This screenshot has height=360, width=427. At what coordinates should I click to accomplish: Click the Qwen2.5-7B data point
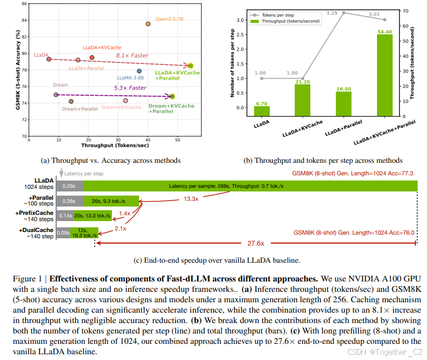coord(148,24)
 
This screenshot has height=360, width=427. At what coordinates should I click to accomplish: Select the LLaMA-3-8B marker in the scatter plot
coord(139,71)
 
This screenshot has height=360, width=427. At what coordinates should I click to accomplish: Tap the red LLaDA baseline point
coord(49,59)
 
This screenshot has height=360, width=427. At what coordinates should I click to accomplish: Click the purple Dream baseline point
coord(56,95)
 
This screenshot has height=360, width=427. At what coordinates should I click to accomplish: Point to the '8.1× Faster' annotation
coord(132,56)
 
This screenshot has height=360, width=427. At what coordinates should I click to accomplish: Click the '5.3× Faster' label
coord(130,88)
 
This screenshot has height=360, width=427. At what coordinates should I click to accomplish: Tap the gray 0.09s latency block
coord(64,233)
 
